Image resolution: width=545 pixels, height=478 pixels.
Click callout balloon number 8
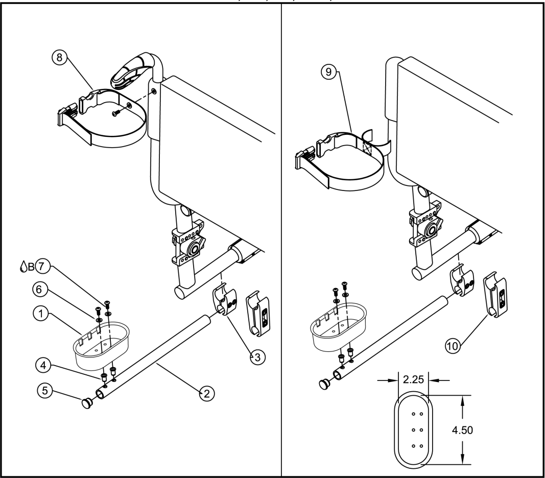[59, 57]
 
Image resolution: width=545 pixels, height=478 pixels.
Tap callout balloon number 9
[329, 72]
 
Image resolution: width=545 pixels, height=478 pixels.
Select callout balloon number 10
[453, 346]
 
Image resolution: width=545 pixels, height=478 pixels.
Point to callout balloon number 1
[41, 314]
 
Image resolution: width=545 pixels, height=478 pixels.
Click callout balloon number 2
[207, 394]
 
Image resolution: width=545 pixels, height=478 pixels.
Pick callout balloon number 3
[257, 357]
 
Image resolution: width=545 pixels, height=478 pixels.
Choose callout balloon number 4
[43, 365]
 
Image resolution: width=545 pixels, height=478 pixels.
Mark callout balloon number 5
[45, 390]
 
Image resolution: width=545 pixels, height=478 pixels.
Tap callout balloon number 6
[39, 289]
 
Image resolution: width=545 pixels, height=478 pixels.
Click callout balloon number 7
[42, 267]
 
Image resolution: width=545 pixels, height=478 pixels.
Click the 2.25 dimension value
[413, 379]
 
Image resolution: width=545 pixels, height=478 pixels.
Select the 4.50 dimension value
[462, 430]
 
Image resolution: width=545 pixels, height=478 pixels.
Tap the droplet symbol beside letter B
[23, 267]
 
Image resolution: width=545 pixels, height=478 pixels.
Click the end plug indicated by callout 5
[87, 403]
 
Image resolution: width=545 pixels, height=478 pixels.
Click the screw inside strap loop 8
[116, 113]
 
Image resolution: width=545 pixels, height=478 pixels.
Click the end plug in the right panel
[325, 384]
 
